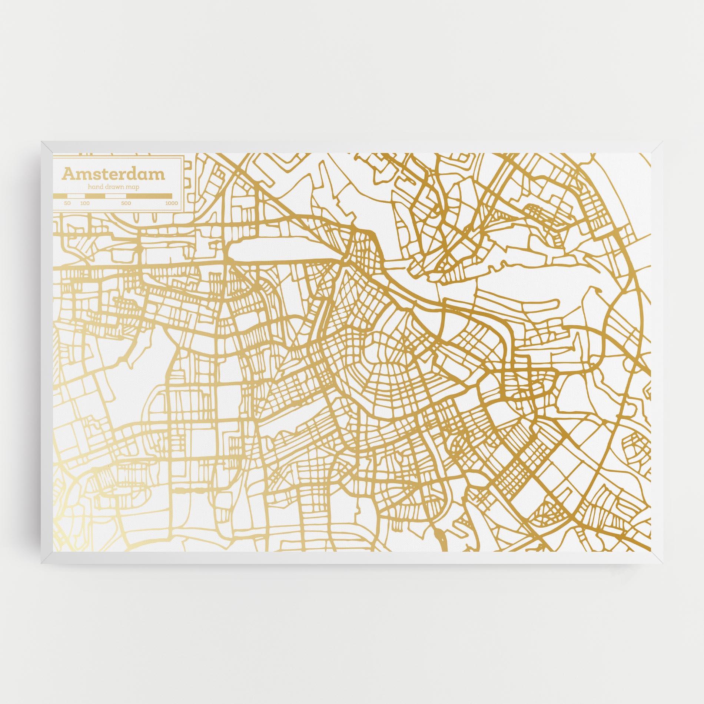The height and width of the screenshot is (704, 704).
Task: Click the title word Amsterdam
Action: (113, 174)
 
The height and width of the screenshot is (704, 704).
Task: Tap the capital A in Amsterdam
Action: (68, 173)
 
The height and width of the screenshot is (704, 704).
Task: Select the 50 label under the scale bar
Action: (67, 203)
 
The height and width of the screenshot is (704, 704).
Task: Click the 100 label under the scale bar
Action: (85, 203)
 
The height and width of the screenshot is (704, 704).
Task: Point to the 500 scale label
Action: (126, 203)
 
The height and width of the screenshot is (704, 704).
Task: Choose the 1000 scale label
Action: (172, 203)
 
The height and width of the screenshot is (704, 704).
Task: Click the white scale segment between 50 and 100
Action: (76, 196)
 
